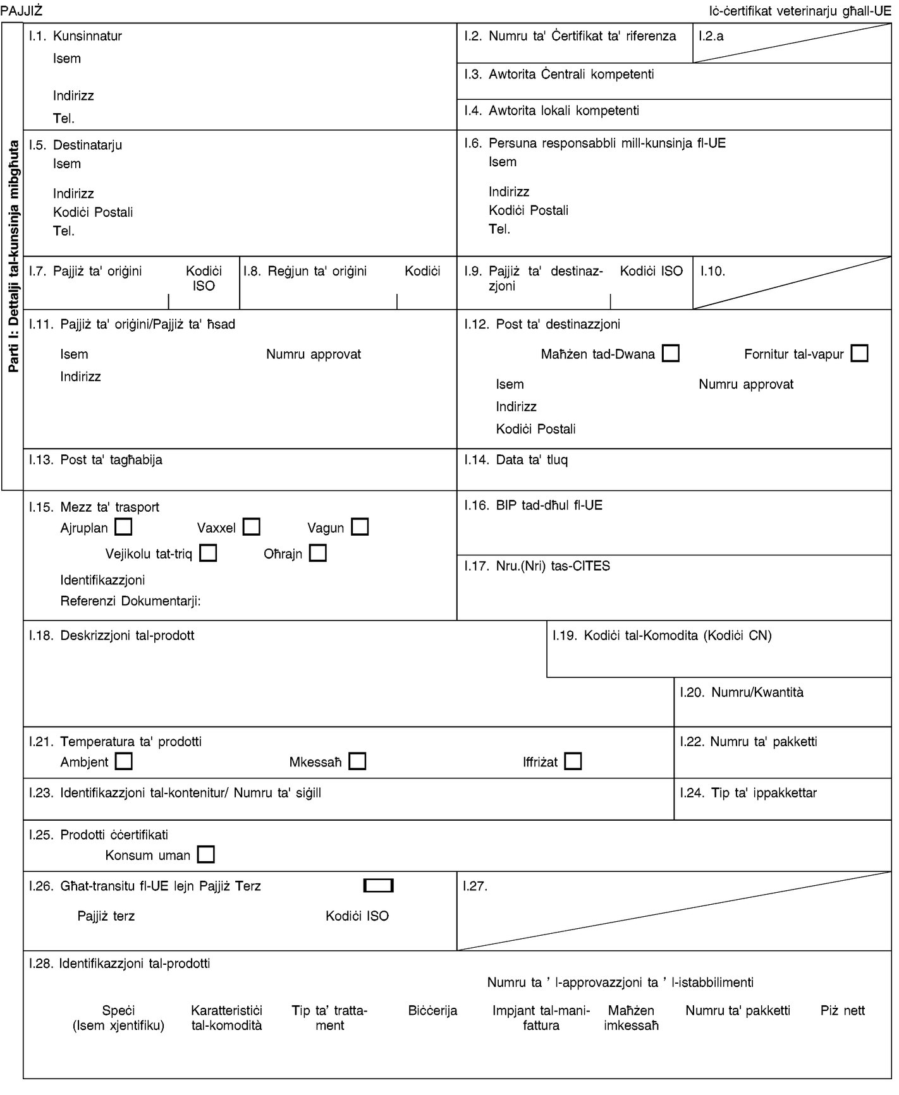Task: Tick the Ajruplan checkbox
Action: pos(125,526)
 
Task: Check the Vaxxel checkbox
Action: pos(252,526)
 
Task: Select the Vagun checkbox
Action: pos(360,526)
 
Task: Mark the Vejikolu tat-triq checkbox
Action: pos(208,554)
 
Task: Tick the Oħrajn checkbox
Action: pos(318,554)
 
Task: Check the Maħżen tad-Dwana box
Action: pos(671,353)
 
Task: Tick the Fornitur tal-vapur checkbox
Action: pos(859,353)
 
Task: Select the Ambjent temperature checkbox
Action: pos(124,761)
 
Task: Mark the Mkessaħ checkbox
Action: pos(357,761)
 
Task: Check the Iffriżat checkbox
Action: pos(573,761)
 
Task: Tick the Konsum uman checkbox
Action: pos(206,855)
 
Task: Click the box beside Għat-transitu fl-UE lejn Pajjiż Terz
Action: pos(379,885)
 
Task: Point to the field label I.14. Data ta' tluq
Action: pos(515,460)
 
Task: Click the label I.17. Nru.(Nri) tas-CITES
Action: pos(537,566)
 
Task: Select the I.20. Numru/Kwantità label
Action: pos(742,693)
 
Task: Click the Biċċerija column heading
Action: pos(432,1010)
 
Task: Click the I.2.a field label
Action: pos(711,36)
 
